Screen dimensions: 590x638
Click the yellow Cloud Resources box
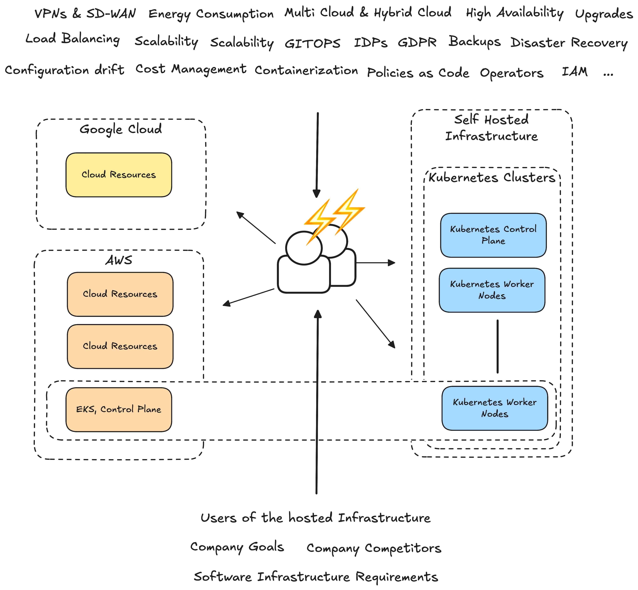(x=119, y=175)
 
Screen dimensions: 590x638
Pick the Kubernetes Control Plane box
(x=493, y=235)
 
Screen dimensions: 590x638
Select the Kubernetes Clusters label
(x=492, y=178)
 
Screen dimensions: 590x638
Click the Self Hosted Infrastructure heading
(x=491, y=128)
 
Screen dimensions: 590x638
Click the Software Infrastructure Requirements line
(x=316, y=577)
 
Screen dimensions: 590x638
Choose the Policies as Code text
(x=418, y=73)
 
